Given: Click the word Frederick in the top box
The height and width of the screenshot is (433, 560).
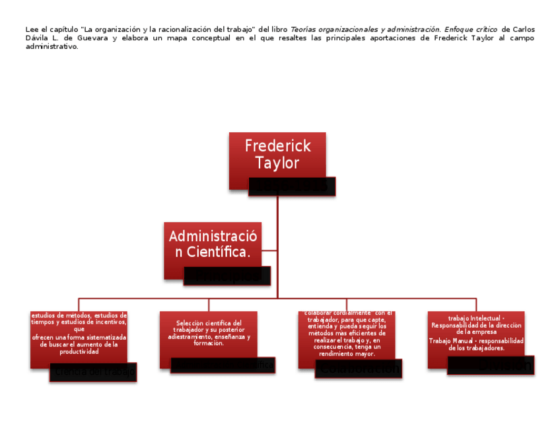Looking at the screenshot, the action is tap(277, 145).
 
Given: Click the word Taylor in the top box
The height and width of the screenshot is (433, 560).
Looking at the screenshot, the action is tap(277, 163).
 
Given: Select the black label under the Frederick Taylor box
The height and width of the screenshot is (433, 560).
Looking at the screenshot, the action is tap(293, 186).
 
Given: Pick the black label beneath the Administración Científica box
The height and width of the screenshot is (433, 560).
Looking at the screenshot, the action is tap(227, 276).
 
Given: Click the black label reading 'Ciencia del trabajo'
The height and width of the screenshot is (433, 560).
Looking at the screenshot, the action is tap(93, 372).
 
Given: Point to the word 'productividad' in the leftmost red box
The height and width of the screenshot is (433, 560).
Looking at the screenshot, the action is tap(79, 351).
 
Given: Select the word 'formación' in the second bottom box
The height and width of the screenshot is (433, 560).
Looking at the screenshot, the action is tap(208, 343).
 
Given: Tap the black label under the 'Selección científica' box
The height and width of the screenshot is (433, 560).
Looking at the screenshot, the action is tap(223, 365).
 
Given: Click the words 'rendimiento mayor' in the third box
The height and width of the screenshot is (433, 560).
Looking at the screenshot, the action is tap(347, 354).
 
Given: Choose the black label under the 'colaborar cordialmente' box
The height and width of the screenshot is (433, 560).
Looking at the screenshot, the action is tap(359, 368).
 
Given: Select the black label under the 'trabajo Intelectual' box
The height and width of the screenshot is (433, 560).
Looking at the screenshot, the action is tap(491, 365).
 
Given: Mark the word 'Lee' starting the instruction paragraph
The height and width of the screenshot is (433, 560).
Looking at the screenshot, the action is tap(31, 30).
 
